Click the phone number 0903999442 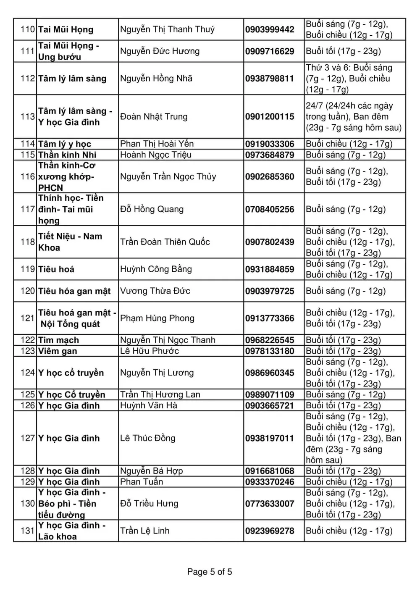pos(270,29)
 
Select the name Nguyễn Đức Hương pos(160,51)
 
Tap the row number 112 pos(28,79)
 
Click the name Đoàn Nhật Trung pos(154,117)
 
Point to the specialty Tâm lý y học pos(65,144)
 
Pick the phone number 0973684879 pos(270,155)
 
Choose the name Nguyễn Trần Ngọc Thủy pos(168,177)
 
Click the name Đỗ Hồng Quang pos(152,209)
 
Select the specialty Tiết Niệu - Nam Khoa pos(70,242)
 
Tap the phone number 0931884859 pos(270,269)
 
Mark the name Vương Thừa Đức pos(155,291)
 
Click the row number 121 pos(28,318)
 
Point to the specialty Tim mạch pos(58,340)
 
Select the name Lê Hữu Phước pos(150,351)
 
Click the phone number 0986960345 pos(270,373)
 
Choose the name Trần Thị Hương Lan pos(160,395)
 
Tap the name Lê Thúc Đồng pos(147,439)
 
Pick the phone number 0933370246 pos(270,482)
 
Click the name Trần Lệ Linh pos(145,531)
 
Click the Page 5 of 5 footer pos(210,572)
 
